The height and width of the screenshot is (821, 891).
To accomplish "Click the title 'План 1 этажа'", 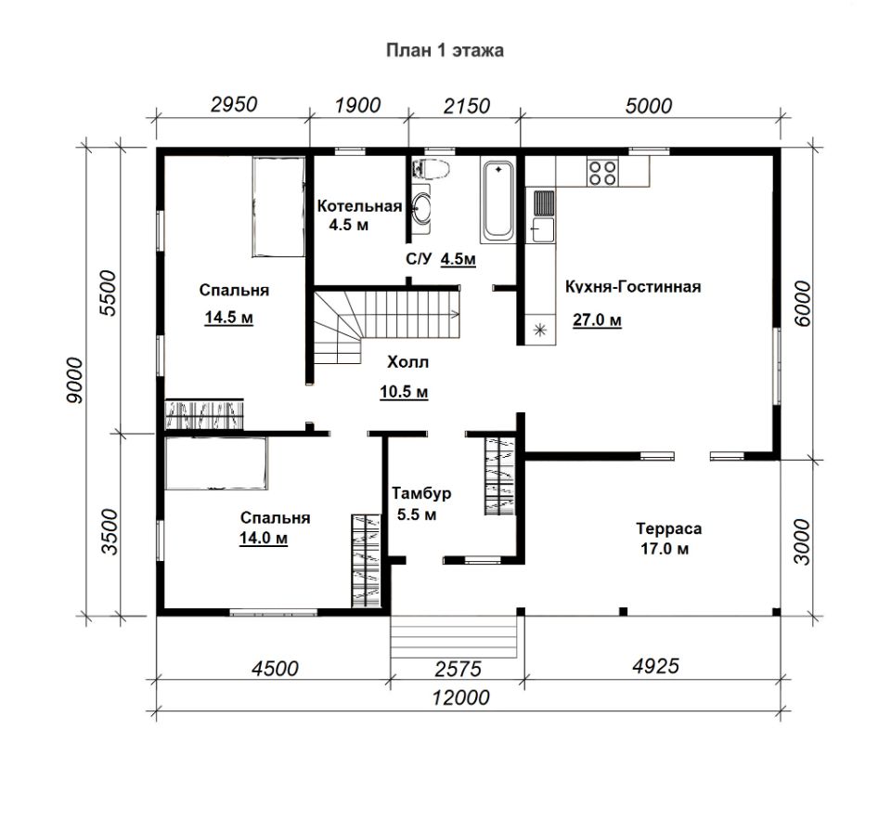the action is click(x=445, y=50).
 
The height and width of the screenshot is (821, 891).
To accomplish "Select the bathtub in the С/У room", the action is click(x=497, y=200).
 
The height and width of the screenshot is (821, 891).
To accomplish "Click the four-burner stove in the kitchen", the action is click(x=602, y=172).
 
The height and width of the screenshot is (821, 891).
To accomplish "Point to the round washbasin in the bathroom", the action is click(x=421, y=207).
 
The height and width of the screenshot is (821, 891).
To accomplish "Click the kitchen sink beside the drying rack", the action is click(x=543, y=229).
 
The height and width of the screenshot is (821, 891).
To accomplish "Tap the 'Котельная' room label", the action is click(x=359, y=206).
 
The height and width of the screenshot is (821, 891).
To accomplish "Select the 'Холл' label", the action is click(x=407, y=362).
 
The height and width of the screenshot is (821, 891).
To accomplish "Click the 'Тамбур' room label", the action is click(x=421, y=493).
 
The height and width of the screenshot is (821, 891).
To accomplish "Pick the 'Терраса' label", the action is click(x=669, y=528).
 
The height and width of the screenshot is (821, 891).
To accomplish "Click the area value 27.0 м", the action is click(x=597, y=320).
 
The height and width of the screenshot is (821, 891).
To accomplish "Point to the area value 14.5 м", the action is click(x=229, y=318).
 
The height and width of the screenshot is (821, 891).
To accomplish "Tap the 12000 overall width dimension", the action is click(x=461, y=697).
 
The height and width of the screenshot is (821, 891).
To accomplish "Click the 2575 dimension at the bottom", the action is click(x=458, y=670).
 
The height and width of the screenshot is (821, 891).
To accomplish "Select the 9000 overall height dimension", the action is click(x=74, y=381).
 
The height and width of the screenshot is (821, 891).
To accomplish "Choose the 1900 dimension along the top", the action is click(x=357, y=105).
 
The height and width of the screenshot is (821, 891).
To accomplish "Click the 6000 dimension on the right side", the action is click(x=802, y=304).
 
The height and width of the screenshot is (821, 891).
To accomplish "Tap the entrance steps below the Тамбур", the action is click(x=454, y=636).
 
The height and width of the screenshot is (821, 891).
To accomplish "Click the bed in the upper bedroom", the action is click(x=278, y=207).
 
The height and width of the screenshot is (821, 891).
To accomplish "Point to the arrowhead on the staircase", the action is click(x=455, y=313).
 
